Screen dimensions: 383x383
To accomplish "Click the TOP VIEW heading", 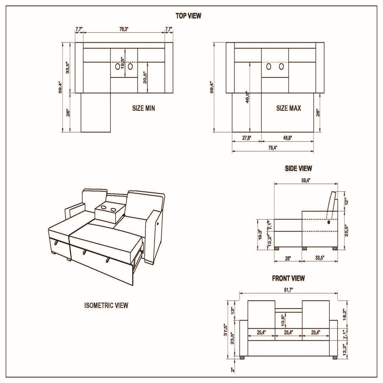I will tap(188, 16).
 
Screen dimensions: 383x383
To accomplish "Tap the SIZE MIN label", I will tap(143, 108).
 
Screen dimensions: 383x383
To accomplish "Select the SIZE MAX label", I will tap(289, 108).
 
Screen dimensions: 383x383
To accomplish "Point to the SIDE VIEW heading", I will tap(298, 168).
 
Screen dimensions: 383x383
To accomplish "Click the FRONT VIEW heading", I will tap(288, 278).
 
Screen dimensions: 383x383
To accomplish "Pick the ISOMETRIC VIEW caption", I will tap(106, 305).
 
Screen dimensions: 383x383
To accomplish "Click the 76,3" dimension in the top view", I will tap(124, 29).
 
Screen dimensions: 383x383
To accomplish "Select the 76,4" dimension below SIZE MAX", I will tap(273, 148).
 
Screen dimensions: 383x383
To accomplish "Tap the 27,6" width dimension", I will tap(246, 138).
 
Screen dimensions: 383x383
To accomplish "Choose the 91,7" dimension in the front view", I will tap(288, 289).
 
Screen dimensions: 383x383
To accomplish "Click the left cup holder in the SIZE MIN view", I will tap(117, 67).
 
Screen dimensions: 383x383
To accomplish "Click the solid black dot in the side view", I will tap(329, 222).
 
